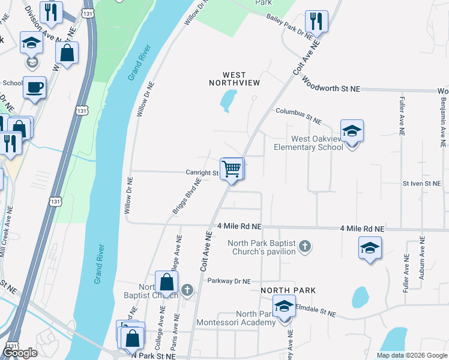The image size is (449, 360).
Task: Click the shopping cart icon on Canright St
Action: tap(232, 169)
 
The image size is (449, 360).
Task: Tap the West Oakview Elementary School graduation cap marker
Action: tap(352, 131)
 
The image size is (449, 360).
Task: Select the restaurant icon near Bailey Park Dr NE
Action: tap(316, 22)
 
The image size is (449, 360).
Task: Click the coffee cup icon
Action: tap(34, 88)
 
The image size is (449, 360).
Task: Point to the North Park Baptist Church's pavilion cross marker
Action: tap(305, 246)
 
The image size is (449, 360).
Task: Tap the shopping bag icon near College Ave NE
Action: tap(166, 282)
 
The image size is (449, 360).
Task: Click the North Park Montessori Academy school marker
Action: tap(284, 307)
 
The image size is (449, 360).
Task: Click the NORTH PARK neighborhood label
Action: tap(288, 290)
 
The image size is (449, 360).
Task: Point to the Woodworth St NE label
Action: tap(331, 84)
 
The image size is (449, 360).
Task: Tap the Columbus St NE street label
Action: tap(298, 115)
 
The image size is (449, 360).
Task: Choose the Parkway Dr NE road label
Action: tap(228, 280)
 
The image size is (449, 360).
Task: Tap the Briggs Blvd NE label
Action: tap(187, 196)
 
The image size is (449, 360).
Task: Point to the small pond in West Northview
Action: tap(228, 100)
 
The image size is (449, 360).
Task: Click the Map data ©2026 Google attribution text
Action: tap(412, 355)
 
